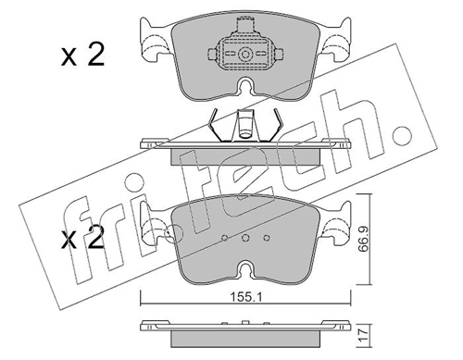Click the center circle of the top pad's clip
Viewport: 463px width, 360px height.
[246, 56]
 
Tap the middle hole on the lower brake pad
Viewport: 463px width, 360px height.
[246, 237]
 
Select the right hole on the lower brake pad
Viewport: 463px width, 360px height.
[266, 237]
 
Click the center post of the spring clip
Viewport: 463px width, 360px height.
[246, 125]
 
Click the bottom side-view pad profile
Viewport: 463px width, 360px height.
[246, 329]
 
